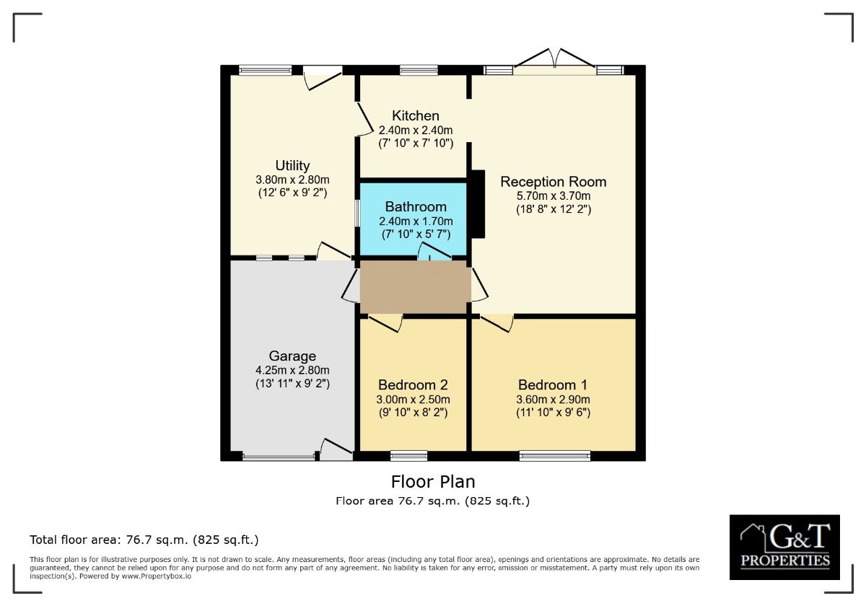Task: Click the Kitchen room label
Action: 415,115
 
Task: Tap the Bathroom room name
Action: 415,207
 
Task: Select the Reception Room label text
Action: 554,182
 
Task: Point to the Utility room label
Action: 292,165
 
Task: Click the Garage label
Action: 292,356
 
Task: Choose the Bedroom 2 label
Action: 414,385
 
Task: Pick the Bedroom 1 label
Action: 554,385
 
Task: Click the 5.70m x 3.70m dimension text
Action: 554,196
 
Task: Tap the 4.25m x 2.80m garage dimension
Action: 292,370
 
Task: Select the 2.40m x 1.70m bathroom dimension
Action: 415,221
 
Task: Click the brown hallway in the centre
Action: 414,287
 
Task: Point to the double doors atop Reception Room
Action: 554,61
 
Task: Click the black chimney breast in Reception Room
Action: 477,204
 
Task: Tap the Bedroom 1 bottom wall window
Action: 554,455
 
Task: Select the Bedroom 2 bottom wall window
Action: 408,455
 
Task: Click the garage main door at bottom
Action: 279,456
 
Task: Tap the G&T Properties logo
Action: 784,547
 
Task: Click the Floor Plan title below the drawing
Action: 433,481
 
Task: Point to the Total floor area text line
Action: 144,540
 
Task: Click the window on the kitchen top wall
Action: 414,70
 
